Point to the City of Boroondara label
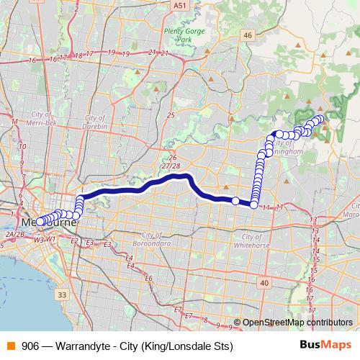tap(161, 240)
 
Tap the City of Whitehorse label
tap(261, 240)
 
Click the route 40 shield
tap(264, 283)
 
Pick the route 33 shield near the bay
tap(63, 294)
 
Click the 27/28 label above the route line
tap(171, 166)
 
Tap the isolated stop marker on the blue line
tap(235, 201)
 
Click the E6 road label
tap(148, 278)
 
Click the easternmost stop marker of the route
tap(320, 119)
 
